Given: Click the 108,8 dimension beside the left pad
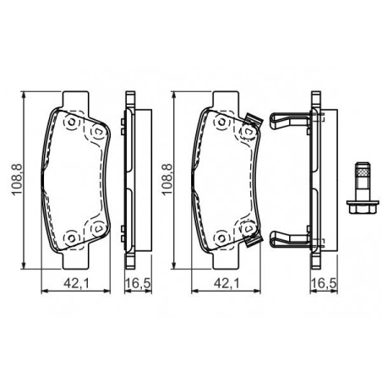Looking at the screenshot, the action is [16, 179].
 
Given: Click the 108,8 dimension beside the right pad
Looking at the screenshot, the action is [166, 179].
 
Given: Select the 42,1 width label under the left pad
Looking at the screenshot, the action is [76, 283].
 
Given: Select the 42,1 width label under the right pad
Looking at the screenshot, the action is [226, 283].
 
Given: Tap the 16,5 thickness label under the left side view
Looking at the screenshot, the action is [139, 283].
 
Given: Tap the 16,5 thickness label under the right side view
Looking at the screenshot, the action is [324, 283].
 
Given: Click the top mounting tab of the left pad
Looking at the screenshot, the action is [74, 99].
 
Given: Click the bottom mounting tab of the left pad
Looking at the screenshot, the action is [74, 259].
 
